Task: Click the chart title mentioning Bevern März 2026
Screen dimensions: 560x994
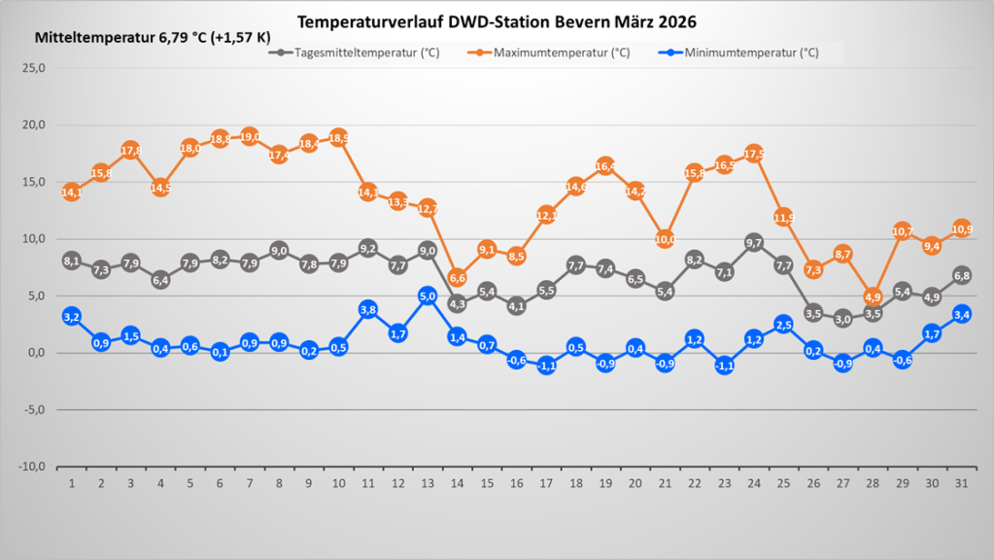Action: [x=497, y=21]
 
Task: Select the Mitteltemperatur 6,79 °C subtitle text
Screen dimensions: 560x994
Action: [x=153, y=40]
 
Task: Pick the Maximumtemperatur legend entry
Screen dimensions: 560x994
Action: [x=554, y=52]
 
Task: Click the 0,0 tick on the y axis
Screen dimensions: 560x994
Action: [x=36, y=353]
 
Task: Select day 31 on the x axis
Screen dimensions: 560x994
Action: [x=961, y=482]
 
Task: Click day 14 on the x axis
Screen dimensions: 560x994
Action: [x=457, y=482]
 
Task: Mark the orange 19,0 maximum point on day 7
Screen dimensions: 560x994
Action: [x=250, y=137]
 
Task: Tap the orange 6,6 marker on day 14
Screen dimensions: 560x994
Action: [x=457, y=278]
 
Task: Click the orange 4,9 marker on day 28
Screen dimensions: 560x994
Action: [x=873, y=297]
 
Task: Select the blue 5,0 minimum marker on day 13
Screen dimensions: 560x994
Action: [x=428, y=296]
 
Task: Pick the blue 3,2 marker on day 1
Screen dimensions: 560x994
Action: [x=71, y=317]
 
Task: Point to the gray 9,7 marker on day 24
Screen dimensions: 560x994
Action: [x=754, y=242]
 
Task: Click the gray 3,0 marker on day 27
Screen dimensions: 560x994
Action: [x=842, y=319]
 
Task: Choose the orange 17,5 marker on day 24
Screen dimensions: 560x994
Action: [x=754, y=154]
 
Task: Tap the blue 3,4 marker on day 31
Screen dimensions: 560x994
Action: [x=961, y=314]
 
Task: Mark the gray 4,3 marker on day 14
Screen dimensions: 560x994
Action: [x=457, y=303]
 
